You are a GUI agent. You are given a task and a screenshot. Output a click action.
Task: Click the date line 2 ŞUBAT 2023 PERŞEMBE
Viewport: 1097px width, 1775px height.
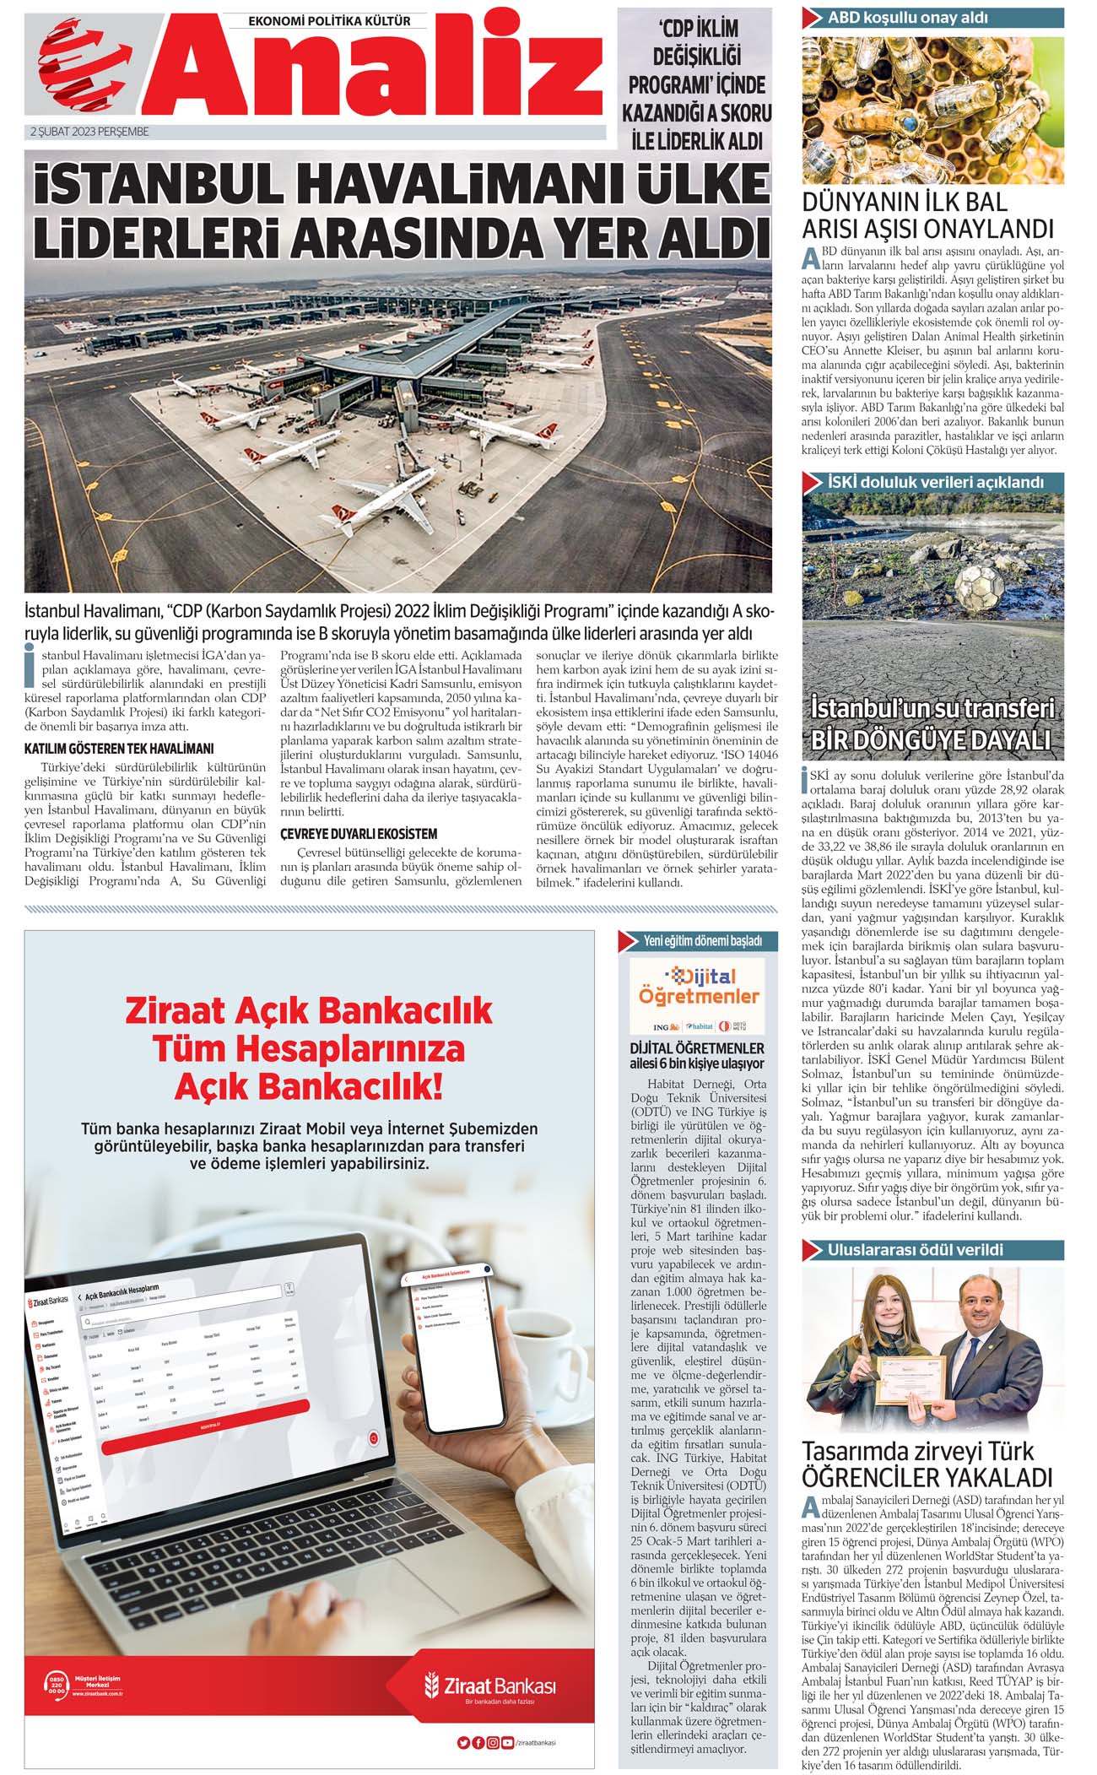pos(89,132)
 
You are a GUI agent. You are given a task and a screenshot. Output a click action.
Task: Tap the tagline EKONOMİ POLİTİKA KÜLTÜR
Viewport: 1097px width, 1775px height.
pos(330,20)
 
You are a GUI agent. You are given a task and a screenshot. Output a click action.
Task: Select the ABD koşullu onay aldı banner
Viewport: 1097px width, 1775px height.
pos(932,17)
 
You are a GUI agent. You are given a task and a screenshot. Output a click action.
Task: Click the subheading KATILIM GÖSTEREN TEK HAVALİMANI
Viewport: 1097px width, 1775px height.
pos(119,749)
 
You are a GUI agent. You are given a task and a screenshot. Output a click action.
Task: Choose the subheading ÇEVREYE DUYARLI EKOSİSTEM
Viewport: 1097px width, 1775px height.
pos(359,834)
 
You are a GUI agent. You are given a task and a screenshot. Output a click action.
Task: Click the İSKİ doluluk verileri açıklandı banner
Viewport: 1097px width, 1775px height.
pos(932,482)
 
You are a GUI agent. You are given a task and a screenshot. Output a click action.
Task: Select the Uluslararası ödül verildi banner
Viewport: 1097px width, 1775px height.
pos(932,1249)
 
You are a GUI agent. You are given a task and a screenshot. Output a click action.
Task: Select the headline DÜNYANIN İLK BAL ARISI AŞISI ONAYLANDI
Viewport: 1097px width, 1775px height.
pos(927,215)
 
